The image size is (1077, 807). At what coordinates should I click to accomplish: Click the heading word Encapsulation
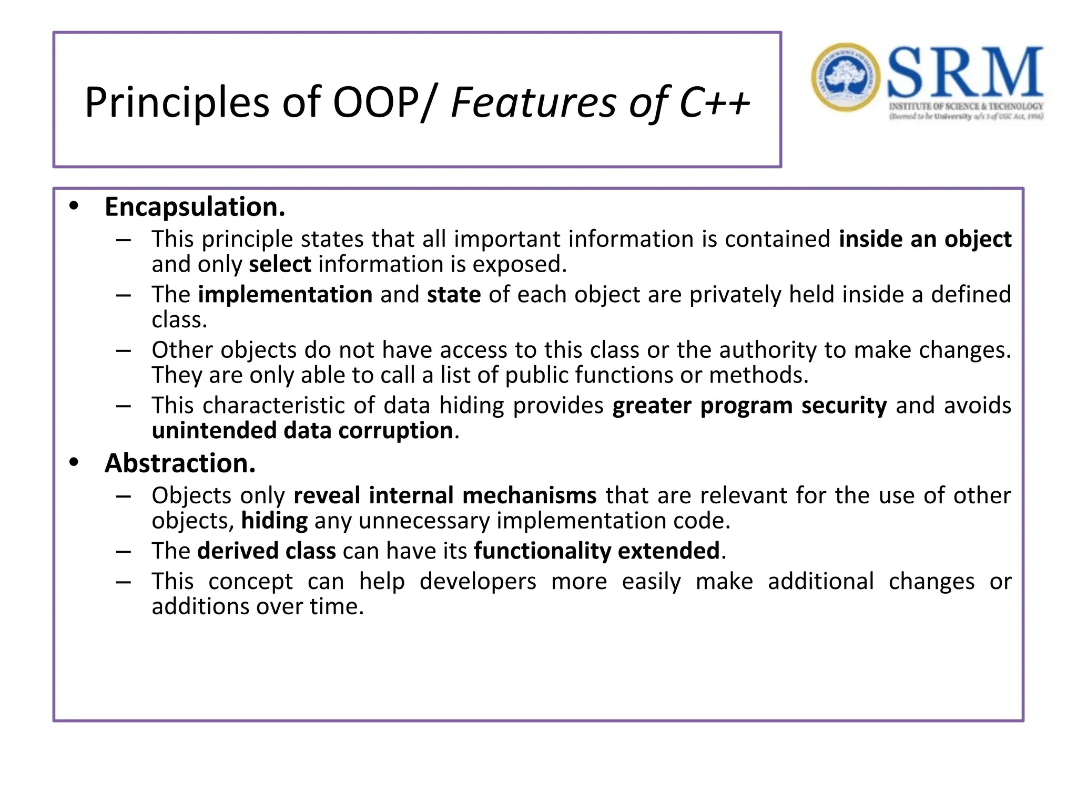(x=195, y=207)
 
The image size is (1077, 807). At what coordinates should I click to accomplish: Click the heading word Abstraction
(x=180, y=463)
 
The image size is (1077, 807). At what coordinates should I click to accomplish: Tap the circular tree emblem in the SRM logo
(x=846, y=77)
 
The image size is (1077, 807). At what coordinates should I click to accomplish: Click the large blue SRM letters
(x=964, y=73)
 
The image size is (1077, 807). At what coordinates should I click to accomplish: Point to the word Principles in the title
(x=177, y=102)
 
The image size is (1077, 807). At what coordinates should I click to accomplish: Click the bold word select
(x=280, y=264)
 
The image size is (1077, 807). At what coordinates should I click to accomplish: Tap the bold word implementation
(x=285, y=295)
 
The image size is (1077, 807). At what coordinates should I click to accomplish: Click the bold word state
(x=453, y=295)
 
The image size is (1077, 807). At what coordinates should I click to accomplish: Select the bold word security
(x=844, y=406)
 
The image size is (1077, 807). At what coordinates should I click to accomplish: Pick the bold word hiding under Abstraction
(x=274, y=521)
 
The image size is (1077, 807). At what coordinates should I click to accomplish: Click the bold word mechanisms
(x=529, y=495)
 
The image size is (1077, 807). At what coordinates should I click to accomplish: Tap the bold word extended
(x=668, y=551)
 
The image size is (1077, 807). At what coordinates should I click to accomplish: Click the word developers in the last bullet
(x=477, y=582)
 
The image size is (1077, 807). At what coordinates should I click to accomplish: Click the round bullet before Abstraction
(x=74, y=462)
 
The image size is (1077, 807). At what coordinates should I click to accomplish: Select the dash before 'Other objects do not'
(x=124, y=350)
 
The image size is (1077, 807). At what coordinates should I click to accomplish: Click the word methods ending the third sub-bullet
(x=758, y=375)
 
